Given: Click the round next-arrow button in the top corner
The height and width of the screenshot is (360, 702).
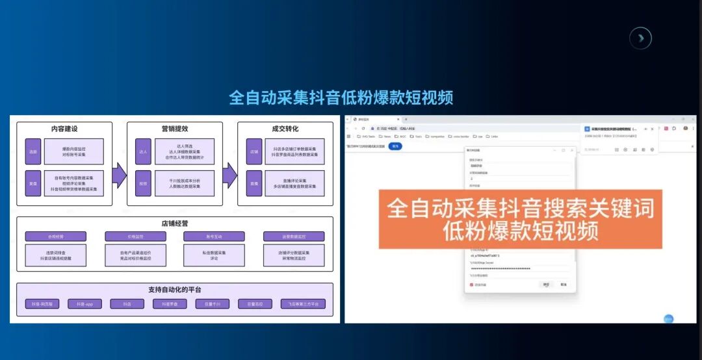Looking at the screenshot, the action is click(640, 38).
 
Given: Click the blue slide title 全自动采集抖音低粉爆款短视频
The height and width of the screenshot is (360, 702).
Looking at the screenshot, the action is click(341, 97).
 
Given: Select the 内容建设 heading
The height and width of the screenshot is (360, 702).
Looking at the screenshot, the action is click(64, 129).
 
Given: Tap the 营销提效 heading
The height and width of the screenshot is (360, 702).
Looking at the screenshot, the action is click(174, 129).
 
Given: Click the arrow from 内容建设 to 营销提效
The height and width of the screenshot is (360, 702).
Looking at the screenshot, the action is click(119, 175).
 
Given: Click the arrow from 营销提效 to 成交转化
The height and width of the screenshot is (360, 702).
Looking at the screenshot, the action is click(229, 175).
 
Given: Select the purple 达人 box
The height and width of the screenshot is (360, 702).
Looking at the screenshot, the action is click(143, 151).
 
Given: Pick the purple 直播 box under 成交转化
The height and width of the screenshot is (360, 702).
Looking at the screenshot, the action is click(253, 183).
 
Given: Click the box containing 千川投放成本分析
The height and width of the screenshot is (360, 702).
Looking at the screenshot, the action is click(184, 183).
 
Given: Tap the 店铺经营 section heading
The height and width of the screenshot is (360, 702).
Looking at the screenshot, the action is click(174, 223).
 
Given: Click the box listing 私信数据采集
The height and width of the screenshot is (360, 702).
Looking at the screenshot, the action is click(213, 255).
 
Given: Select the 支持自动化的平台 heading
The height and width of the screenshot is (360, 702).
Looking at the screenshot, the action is click(174, 289).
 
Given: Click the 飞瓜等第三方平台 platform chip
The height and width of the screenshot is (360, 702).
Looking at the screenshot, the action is click(303, 303).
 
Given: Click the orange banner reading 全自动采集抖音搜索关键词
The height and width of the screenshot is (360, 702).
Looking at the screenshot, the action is click(520, 218).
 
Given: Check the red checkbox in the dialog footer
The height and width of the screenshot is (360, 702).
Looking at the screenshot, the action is click(471, 285).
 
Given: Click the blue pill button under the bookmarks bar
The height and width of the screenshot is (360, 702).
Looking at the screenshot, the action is click(396, 146).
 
